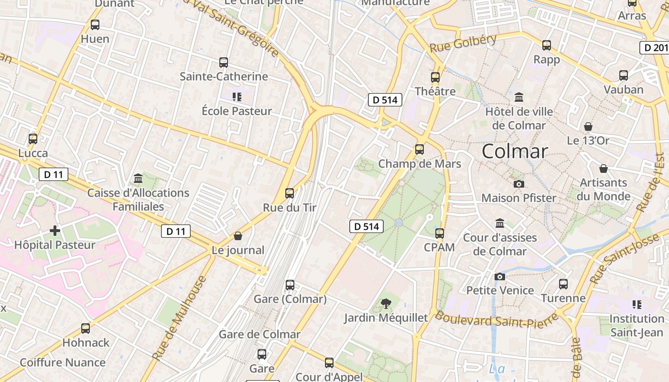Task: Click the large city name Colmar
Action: [x=515, y=151]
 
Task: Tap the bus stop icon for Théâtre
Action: [x=435, y=77]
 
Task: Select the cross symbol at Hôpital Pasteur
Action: [x=55, y=231]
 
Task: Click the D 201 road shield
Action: [x=654, y=48]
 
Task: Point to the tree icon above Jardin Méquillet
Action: [x=386, y=303]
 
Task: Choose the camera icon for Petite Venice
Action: [x=499, y=276]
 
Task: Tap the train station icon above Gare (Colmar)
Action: [x=290, y=285]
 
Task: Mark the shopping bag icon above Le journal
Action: [x=237, y=236]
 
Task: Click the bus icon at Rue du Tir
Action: [x=289, y=193]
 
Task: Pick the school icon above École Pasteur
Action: [x=237, y=97]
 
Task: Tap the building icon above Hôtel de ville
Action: [x=518, y=98]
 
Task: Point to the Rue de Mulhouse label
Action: [x=180, y=318]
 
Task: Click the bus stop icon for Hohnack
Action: [x=86, y=329]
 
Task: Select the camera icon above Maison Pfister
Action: [x=518, y=184]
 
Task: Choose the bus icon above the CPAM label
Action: [x=439, y=233]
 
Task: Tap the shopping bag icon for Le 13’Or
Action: [x=588, y=127]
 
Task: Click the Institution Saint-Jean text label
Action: [x=637, y=325]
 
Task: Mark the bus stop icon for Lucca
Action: [x=33, y=139]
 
